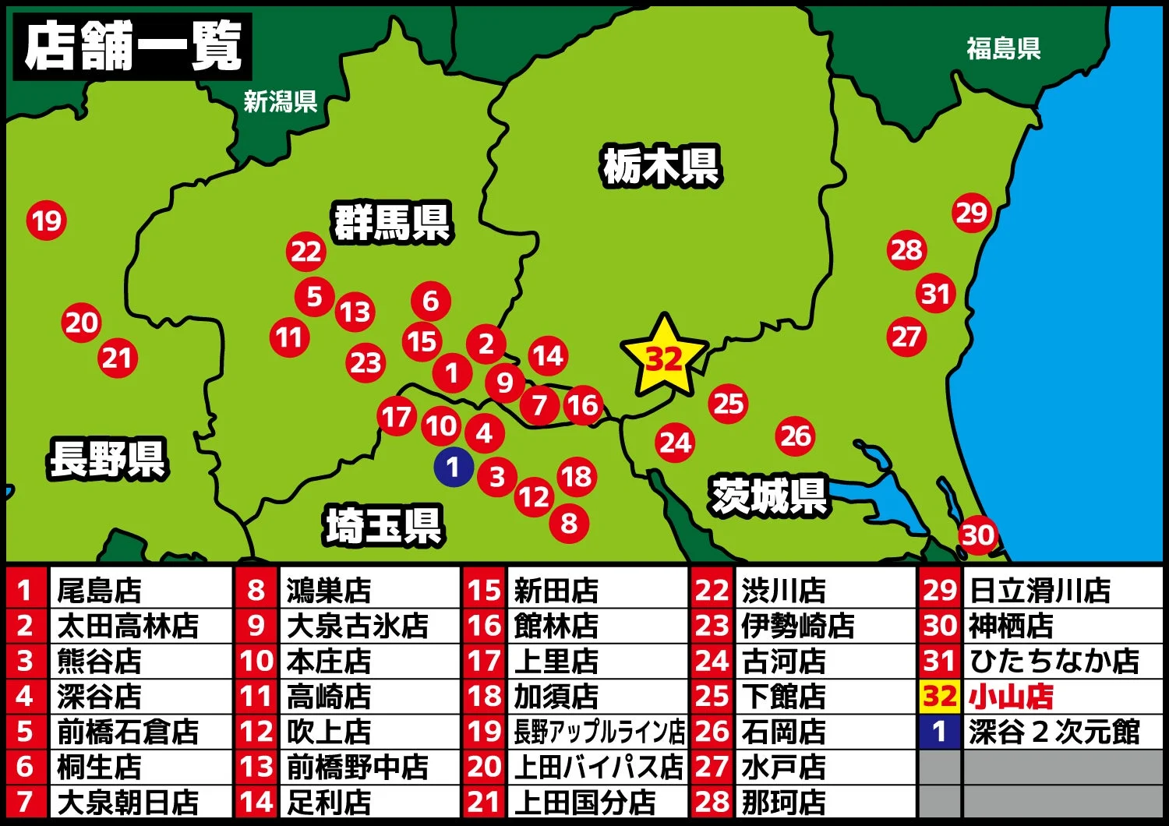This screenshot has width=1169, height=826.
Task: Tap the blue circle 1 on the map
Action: pyautogui.click(x=454, y=468)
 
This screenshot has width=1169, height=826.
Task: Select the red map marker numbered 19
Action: pyautogui.click(x=47, y=221)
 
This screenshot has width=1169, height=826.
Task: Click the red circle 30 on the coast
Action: pyautogui.click(x=977, y=535)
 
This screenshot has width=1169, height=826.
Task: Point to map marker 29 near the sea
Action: pyautogui.click(x=971, y=212)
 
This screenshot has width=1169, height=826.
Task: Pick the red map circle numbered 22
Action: pyautogui.click(x=305, y=251)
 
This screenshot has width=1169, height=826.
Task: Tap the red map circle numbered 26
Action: pyautogui.click(x=796, y=436)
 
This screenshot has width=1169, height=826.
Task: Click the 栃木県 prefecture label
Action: pyautogui.click(x=661, y=166)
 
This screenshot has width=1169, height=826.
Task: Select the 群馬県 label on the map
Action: pyautogui.click(x=392, y=223)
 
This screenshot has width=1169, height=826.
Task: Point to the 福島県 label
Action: pyautogui.click(x=1003, y=48)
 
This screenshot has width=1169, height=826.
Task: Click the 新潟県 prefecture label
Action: pyautogui.click(x=280, y=101)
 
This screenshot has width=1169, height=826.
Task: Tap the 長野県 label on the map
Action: pyautogui.click(x=108, y=458)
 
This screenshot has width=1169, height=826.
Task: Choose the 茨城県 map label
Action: pyautogui.click(x=768, y=496)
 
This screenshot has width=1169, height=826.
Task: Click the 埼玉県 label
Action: pyautogui.click(x=383, y=525)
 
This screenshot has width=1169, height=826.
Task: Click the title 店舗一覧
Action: pyautogui.click(x=132, y=47)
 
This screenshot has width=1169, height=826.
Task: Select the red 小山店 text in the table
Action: pyautogui.click(x=1011, y=696)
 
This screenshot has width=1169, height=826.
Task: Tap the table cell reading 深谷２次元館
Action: pyautogui.click(x=1054, y=732)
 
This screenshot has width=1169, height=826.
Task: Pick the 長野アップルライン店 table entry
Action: pyautogui.click(x=599, y=732)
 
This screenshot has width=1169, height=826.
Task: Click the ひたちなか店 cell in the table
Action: pyautogui.click(x=1054, y=661)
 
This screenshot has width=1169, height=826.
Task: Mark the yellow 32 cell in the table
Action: pyautogui.click(x=939, y=696)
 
